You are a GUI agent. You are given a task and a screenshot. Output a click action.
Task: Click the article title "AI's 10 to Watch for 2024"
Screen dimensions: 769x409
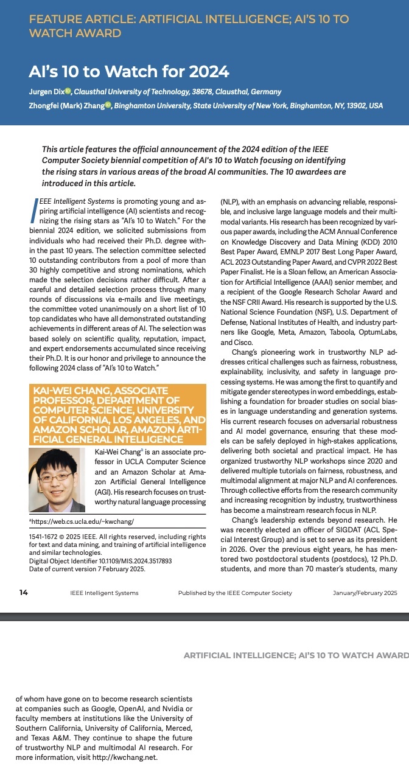[129, 72]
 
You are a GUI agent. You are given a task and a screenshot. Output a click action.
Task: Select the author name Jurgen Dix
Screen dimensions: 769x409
[46, 92]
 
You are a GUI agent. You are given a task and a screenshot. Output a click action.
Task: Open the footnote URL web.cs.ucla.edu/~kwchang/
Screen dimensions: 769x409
[83, 522]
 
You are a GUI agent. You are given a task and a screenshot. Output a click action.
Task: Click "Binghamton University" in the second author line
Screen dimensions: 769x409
[152, 105]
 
